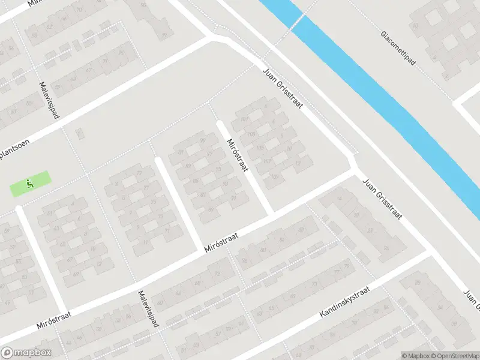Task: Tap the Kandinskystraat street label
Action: point(345,301)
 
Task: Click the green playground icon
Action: point(28,184)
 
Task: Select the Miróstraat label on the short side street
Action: point(238,155)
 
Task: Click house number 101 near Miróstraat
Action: point(244,119)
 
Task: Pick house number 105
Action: point(260,148)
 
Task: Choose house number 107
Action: point(267,161)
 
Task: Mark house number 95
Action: point(218,169)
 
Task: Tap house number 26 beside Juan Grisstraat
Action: point(386,248)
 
